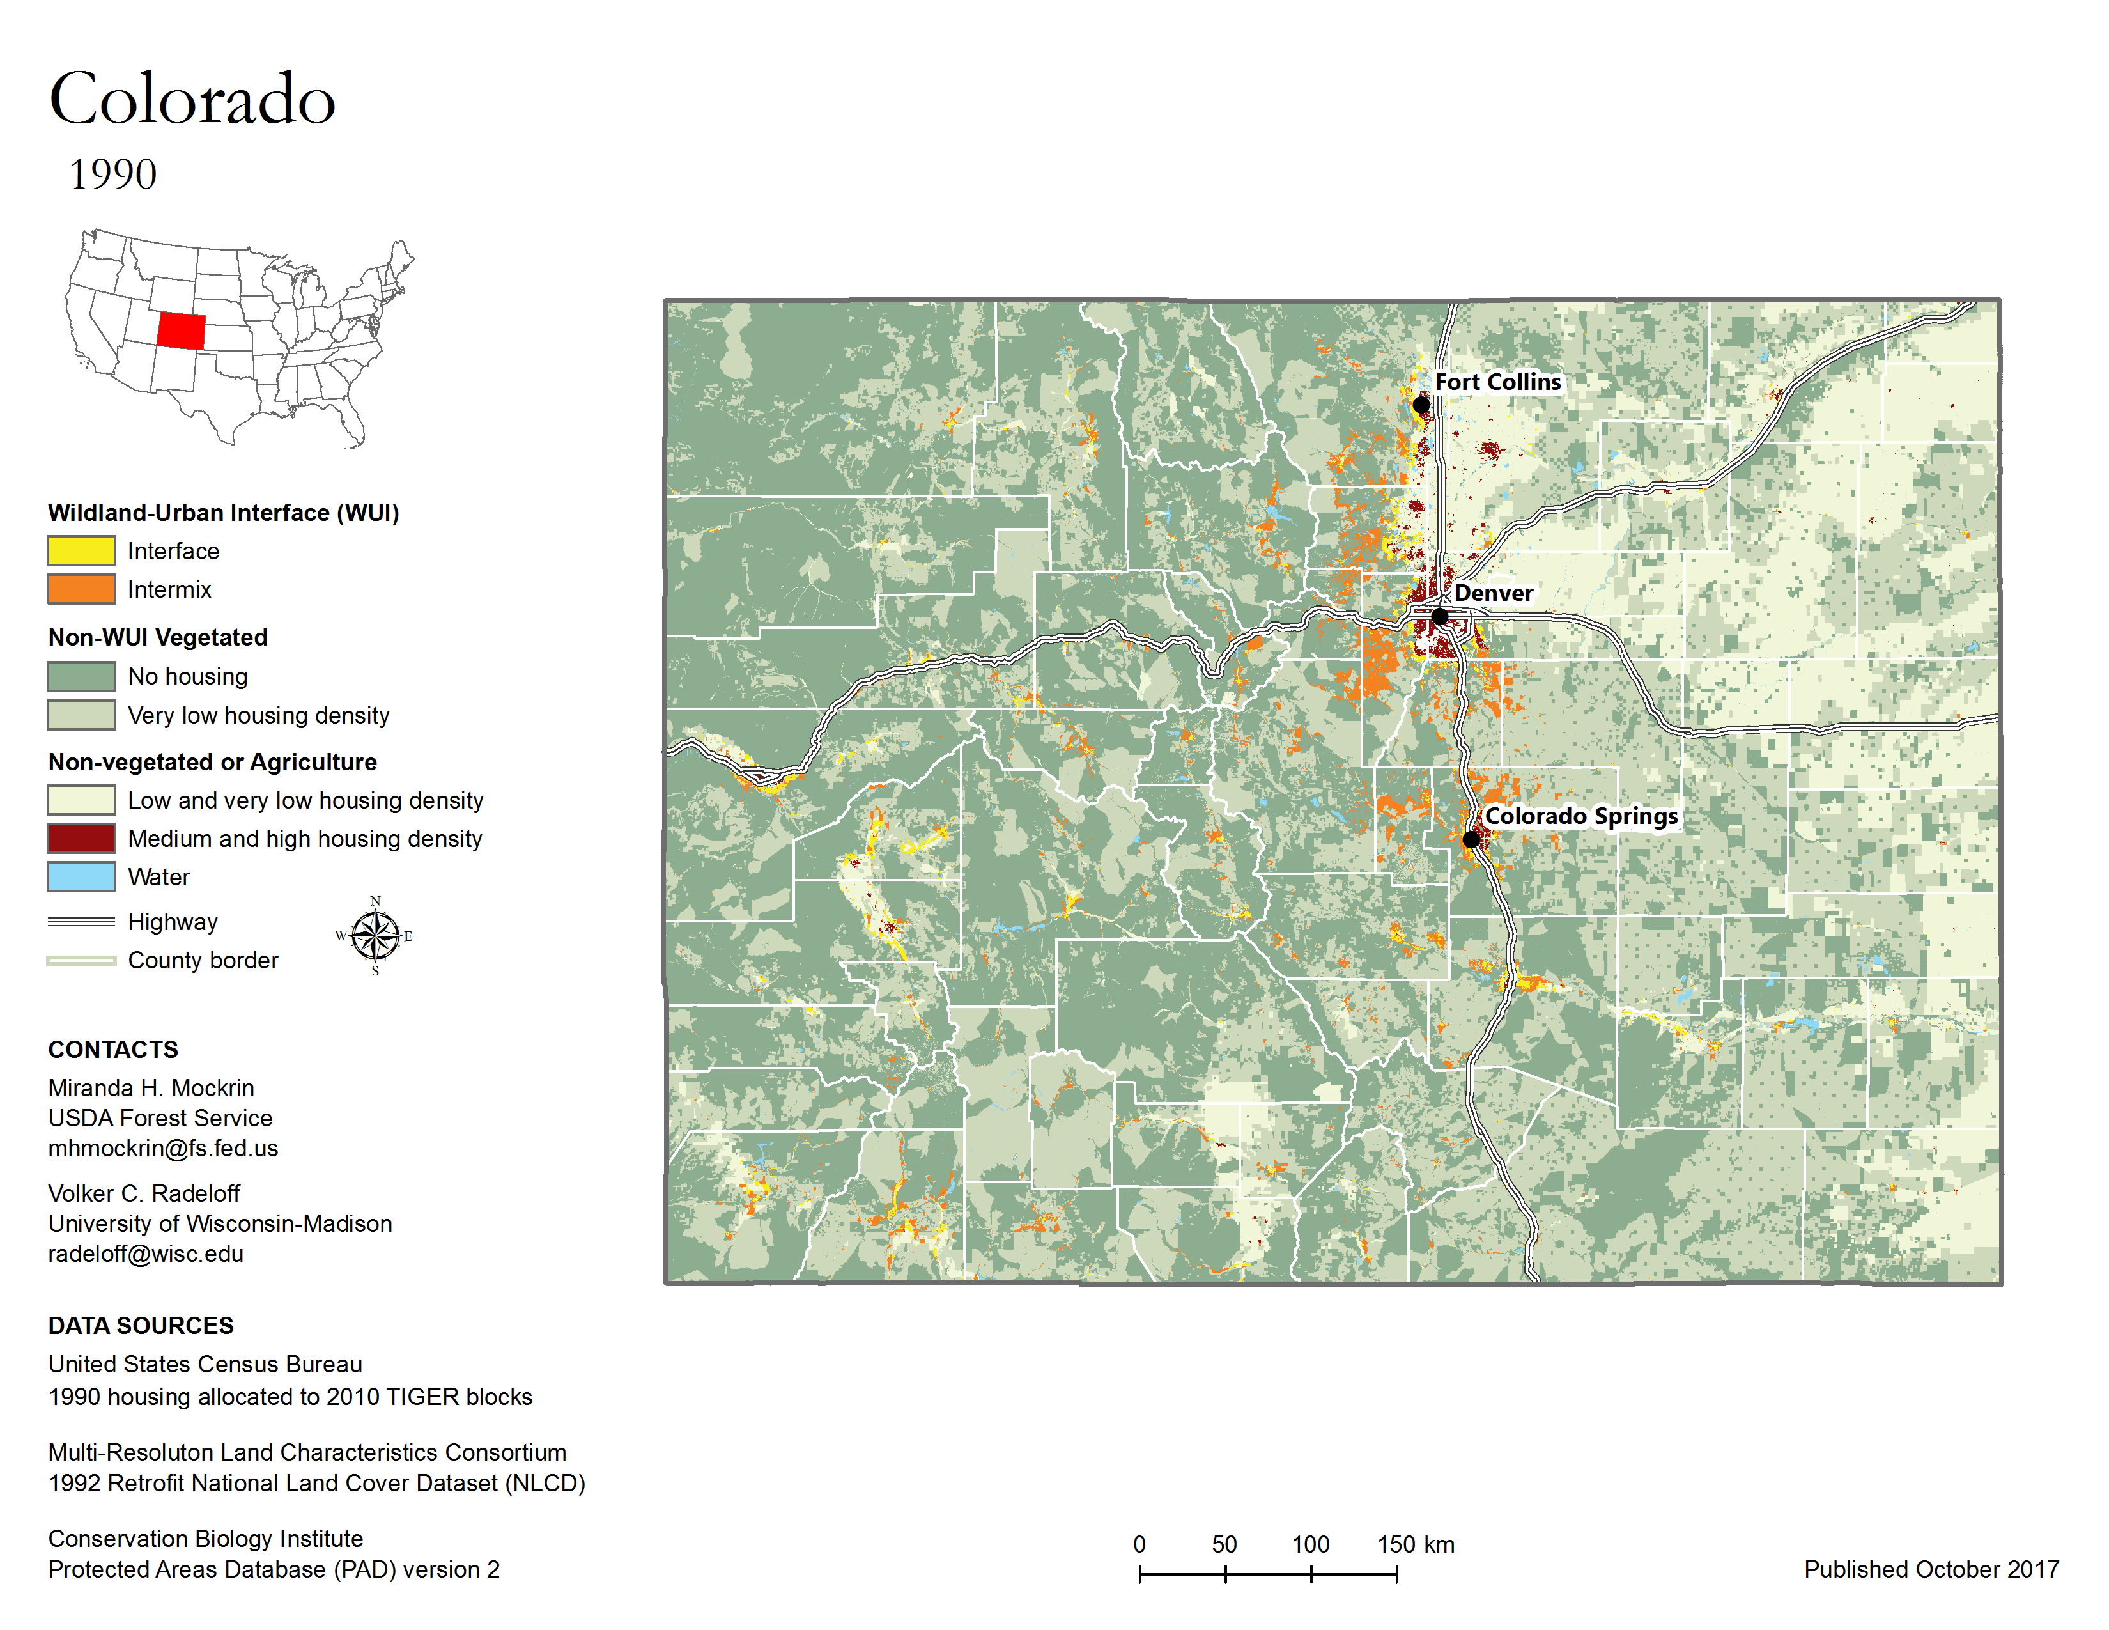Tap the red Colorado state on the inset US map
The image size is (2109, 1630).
pyautogui.click(x=182, y=330)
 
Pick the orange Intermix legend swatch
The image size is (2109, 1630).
pyautogui.click(x=81, y=589)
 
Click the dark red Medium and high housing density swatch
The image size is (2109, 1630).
pyautogui.click(x=81, y=838)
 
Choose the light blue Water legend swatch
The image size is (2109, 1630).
pyautogui.click(x=81, y=877)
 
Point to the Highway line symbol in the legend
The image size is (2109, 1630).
pyautogui.click(x=81, y=921)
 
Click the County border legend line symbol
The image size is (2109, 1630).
pyautogui.click(x=81, y=960)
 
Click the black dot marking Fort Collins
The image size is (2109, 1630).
pyautogui.click(x=1421, y=405)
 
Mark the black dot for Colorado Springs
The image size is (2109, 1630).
pyautogui.click(x=1470, y=839)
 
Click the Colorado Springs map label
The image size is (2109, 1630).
pyautogui.click(x=1580, y=816)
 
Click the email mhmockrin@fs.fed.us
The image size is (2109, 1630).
pyautogui.click(x=163, y=1148)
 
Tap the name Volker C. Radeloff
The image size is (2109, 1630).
pyautogui.click(x=144, y=1193)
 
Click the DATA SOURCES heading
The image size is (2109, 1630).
pyautogui.click(x=141, y=1326)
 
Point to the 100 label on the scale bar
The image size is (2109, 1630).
pyautogui.click(x=1310, y=1544)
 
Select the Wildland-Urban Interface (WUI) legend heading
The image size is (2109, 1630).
pyautogui.click(x=223, y=513)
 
